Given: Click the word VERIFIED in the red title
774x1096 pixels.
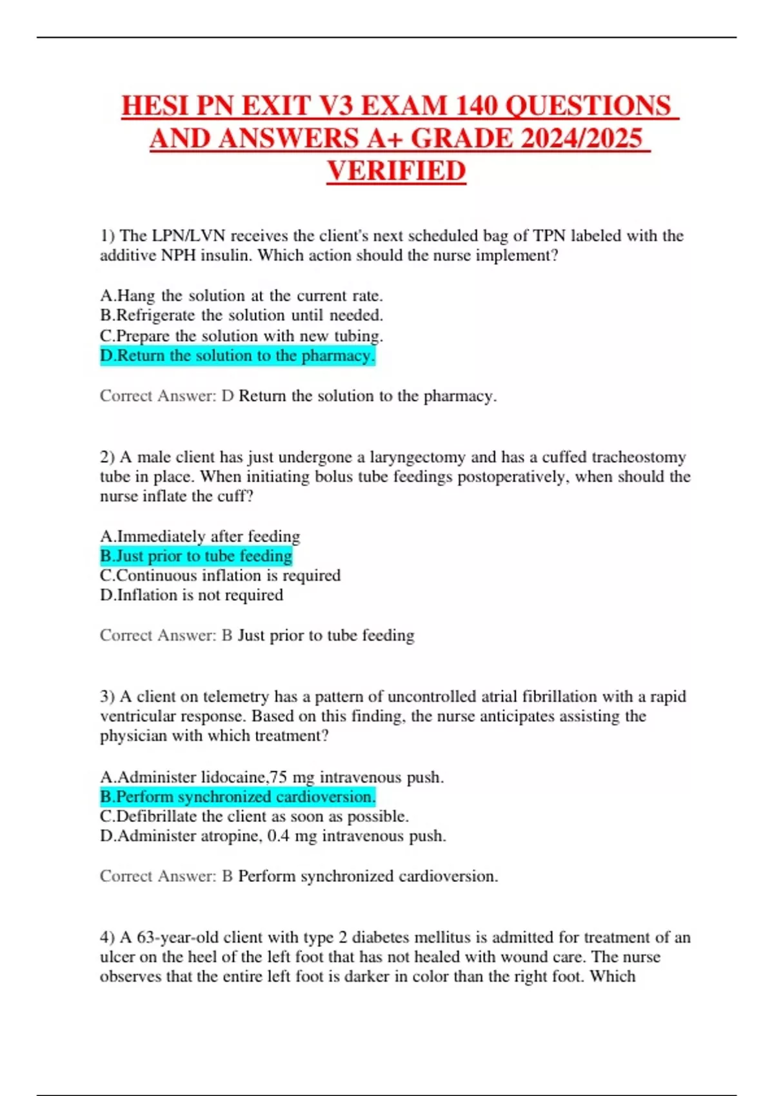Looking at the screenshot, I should tap(396, 171).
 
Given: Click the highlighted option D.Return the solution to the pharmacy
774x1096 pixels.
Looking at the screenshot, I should tap(237, 356).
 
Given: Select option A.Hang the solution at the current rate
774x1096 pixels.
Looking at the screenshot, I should tap(241, 296).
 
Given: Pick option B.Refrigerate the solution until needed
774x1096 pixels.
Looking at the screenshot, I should tap(241, 315).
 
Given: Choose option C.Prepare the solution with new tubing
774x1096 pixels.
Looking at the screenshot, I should tap(241, 336).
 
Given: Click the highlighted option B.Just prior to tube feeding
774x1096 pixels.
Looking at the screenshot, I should tap(196, 556).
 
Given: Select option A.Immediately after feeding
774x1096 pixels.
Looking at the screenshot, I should tap(200, 536).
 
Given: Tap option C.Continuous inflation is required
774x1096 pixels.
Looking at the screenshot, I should tap(220, 575).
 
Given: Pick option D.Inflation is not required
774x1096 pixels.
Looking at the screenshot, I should tap(192, 594).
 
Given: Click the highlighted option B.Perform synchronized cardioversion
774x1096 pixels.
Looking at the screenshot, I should tap(237, 797).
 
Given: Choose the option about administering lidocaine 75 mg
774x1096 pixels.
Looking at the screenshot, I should tap(272, 777).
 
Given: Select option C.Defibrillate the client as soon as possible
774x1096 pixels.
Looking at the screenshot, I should tap(254, 816).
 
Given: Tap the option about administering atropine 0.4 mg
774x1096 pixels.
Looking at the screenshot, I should tap(273, 836).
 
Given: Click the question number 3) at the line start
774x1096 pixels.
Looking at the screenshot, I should tap(107, 697).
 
